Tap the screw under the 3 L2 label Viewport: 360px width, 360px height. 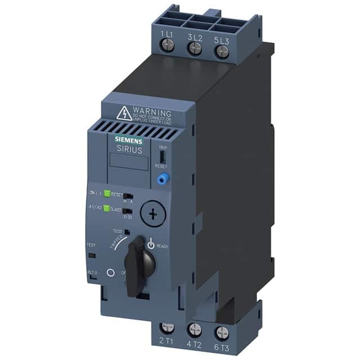tap(195, 49)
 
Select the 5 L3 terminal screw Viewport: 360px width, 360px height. tap(223, 52)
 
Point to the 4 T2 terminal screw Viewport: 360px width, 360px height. tap(195, 330)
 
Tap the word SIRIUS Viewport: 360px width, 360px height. tap(129, 150)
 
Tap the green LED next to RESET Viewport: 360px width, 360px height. tap(107, 194)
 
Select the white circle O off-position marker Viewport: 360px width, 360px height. tap(110, 272)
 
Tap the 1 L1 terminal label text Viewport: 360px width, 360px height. tap(166, 35)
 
